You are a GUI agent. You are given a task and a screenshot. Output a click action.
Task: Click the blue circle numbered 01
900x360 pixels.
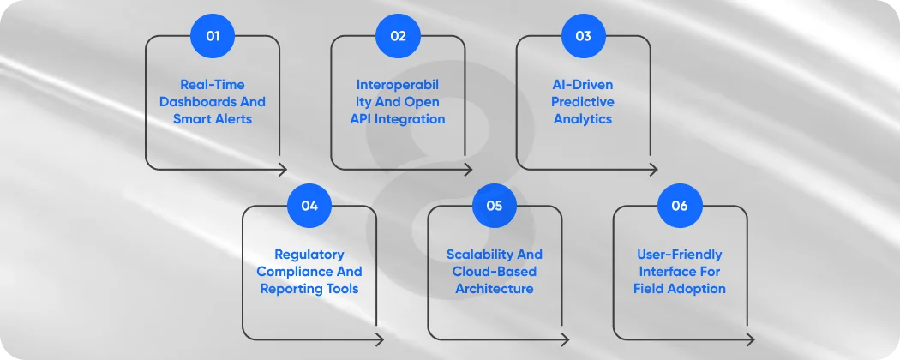pos(213,36)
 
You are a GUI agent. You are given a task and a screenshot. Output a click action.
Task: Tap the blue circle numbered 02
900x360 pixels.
pos(398,36)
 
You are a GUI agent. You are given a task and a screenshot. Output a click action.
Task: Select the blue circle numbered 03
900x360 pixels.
pos(583,36)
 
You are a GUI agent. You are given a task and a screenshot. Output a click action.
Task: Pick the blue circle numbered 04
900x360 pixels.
pos(309,206)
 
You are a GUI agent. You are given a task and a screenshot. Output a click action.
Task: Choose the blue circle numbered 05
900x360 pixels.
pos(495,206)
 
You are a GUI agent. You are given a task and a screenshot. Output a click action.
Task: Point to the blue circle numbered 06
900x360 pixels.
pos(680,206)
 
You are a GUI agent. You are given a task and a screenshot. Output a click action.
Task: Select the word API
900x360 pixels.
pos(363,119)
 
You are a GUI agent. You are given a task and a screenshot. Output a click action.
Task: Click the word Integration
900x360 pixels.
pos(411,119)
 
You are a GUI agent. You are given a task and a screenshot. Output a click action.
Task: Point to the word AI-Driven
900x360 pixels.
pos(584,85)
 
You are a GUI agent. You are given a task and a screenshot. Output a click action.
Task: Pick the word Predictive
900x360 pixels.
pos(584,102)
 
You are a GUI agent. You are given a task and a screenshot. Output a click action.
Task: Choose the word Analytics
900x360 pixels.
pos(584,119)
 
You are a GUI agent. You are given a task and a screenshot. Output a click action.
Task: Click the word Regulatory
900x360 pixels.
pos(309,255)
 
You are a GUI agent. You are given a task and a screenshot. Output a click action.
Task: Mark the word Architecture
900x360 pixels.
pos(495,289)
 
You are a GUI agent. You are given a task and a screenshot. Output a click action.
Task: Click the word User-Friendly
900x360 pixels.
pos(680,255)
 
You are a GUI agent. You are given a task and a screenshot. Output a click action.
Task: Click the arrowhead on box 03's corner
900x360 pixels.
pos(654,169)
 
